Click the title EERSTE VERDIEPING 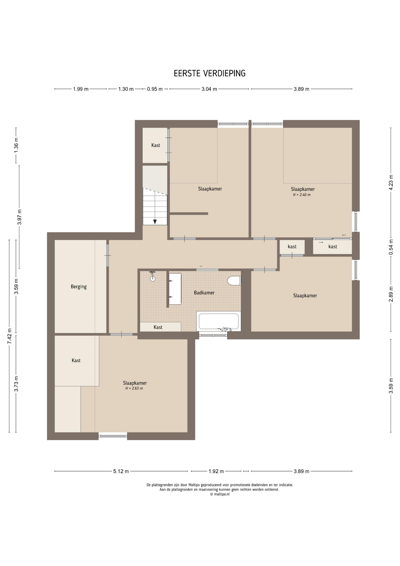pos(209,73)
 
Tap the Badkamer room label pos(204,293)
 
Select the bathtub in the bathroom pos(219,321)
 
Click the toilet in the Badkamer pos(234,280)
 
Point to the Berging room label pos(79,287)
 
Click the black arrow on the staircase pos(155,222)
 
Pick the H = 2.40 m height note pos(302,195)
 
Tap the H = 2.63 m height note pos(134,389)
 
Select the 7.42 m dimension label pos(10,336)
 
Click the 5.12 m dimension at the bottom pos(121,471)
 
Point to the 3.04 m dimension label pos(209,89)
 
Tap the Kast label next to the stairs pos(156,145)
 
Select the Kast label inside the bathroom pos(158,327)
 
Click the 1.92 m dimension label pos(216,471)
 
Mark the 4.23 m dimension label pos(391,182)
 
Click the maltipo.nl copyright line pos(220,494)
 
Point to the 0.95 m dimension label pos(155,89)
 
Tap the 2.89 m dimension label pos(391,294)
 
